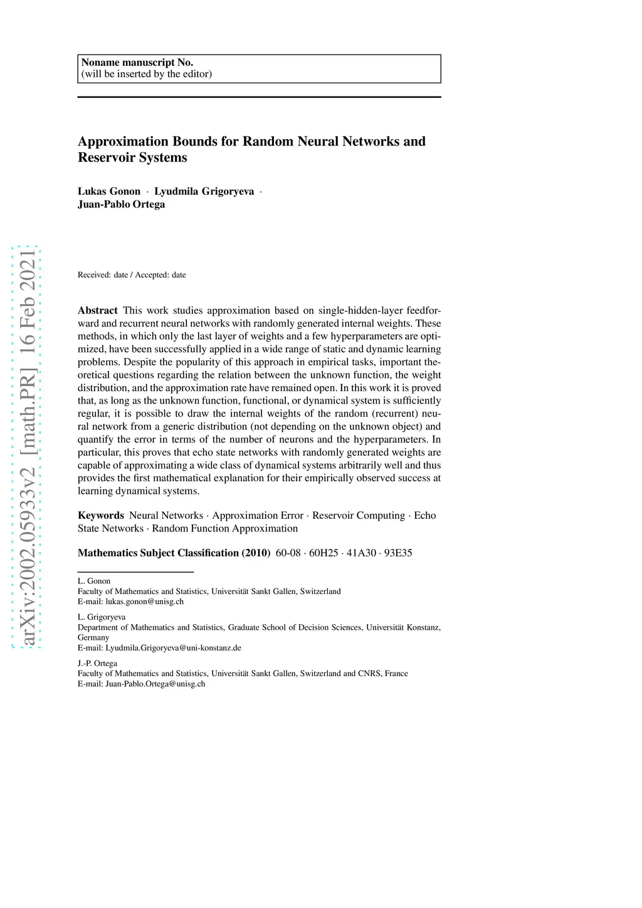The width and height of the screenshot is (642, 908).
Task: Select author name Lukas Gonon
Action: coord(109,192)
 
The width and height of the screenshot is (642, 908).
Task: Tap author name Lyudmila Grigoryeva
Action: coord(204,192)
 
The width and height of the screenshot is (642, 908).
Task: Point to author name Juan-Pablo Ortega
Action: coord(122,204)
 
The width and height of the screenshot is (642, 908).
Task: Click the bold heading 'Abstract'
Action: coord(98,311)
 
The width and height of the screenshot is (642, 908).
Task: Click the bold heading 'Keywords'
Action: coord(101,516)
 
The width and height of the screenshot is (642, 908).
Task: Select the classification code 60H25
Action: coord(324,553)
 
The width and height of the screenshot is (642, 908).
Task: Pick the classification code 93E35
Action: coord(398,553)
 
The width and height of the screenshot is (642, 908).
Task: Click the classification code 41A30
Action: coord(361,553)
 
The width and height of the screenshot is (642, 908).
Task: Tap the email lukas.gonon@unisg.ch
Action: coord(144,602)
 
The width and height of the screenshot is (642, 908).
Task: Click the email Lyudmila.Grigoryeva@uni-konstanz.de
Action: coord(173,648)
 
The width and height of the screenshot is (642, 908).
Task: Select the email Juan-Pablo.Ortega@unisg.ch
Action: coord(155,684)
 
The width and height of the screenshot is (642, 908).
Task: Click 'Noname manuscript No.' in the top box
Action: coord(137,63)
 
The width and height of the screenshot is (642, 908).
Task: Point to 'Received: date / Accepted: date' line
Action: coord(132,275)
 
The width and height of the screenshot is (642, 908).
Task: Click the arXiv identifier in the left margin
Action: coord(27,447)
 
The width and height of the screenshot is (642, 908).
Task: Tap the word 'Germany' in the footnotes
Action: coord(93,638)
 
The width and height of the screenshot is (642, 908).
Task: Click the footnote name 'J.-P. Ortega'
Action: coord(97,664)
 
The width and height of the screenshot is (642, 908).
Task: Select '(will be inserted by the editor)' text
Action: coord(147,74)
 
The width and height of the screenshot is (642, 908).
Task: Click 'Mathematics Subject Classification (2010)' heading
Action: coord(174,553)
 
